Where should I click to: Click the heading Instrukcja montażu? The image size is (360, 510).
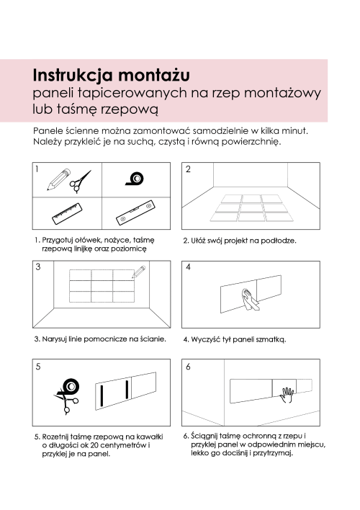(111, 75)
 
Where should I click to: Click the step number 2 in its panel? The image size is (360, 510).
(189, 170)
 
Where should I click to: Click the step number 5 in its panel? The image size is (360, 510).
(38, 367)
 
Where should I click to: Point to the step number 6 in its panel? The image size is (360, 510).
(189, 367)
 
